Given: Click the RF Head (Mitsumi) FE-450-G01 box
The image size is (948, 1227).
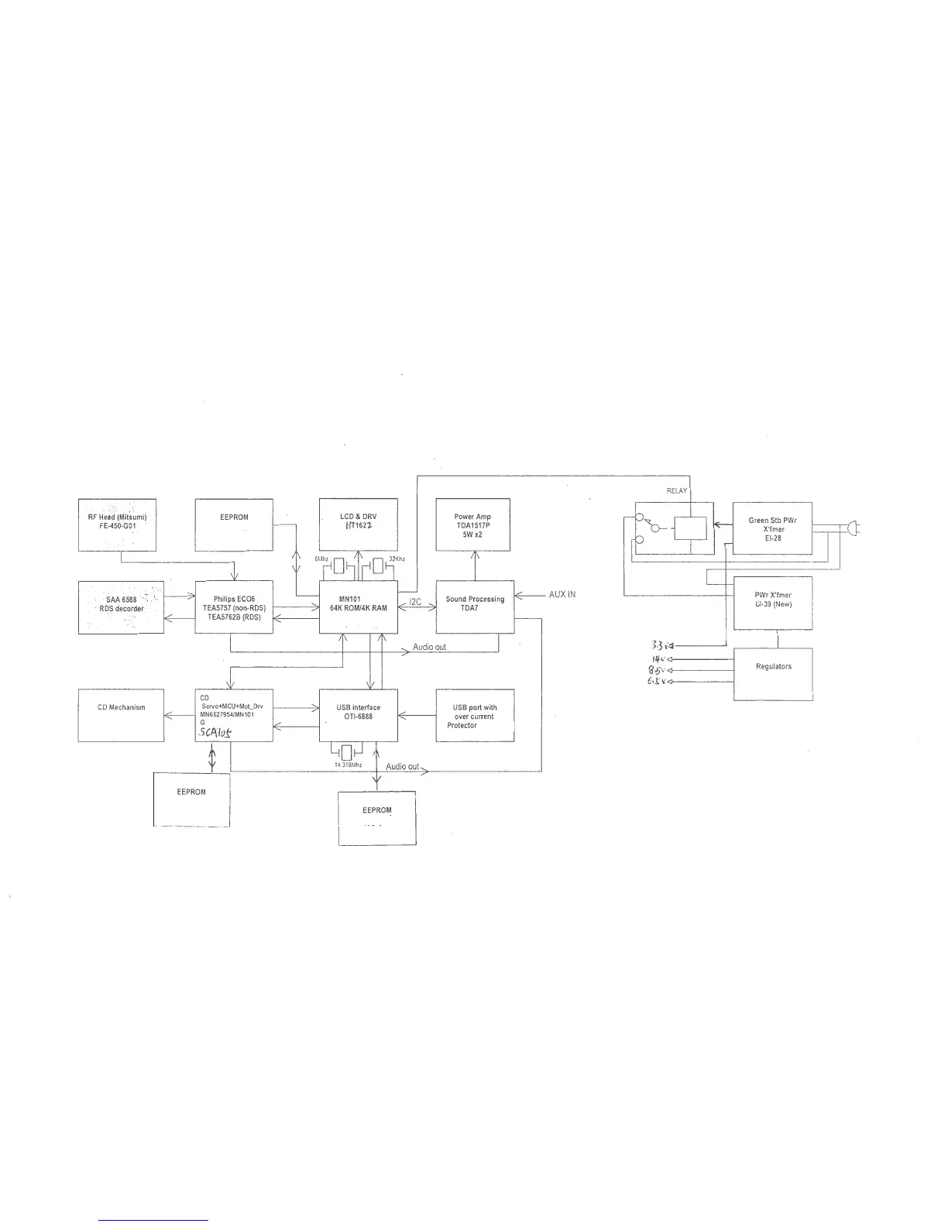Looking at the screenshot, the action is point(117,524).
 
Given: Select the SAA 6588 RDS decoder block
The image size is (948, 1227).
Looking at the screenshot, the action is point(121,607).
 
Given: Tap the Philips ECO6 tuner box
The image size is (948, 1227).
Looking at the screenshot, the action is point(234,607).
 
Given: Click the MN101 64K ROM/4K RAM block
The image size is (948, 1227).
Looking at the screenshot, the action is point(359,607).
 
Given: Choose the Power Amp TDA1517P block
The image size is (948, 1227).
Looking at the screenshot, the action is point(473,524).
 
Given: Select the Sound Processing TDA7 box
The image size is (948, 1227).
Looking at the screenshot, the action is point(475,607).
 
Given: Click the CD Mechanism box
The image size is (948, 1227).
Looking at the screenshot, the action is point(121,715).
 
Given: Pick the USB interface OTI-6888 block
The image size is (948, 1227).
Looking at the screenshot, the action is point(359,715).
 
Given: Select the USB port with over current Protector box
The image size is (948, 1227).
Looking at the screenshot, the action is point(475,715).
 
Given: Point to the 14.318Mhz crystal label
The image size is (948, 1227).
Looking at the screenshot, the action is point(348,765).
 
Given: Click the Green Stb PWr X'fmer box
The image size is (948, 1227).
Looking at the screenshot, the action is point(772,528).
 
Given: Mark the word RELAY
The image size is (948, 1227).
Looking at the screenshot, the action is point(677,491).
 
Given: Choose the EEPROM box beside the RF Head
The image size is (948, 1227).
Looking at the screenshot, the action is point(234,524).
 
